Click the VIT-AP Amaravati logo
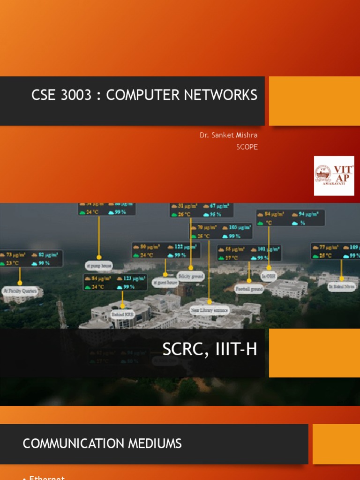pyautogui.click(x=334, y=176)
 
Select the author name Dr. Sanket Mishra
pyautogui.click(x=228, y=135)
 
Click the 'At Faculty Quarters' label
pyautogui.click(x=20, y=291)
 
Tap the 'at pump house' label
pyautogui.click(x=99, y=265)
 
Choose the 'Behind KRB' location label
pyautogui.click(x=122, y=314)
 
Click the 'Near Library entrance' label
pyautogui.click(x=209, y=310)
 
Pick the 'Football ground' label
pyautogui.click(x=249, y=289)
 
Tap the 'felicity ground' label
pyautogui.click(x=190, y=277)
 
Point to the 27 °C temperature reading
pyautogui.click(x=232, y=257)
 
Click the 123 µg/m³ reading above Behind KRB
pyautogui.click(x=128, y=278)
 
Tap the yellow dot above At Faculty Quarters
pyautogui.click(x=20, y=283)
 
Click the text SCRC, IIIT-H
pyautogui.click(x=210, y=349)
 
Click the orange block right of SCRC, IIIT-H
pyautogui.click(x=314, y=353)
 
